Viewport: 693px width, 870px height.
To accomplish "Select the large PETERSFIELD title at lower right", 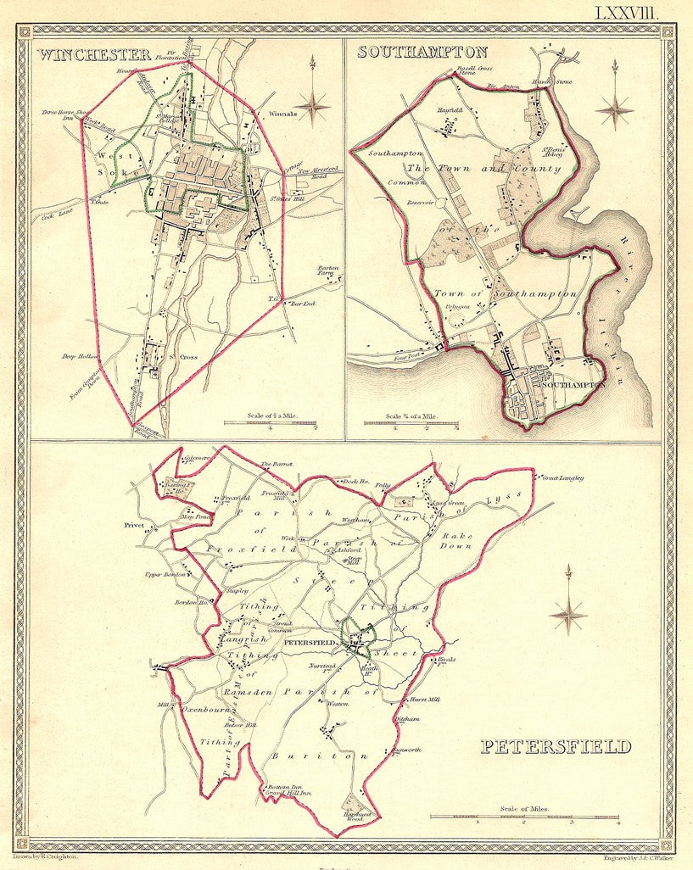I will click(x=556, y=746).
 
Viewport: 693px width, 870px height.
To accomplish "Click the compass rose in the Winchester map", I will click(x=313, y=103).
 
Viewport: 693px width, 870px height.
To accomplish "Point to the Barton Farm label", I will click(x=328, y=271).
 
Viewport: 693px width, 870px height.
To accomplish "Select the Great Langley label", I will click(x=562, y=478).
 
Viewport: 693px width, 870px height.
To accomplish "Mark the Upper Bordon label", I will click(x=165, y=574).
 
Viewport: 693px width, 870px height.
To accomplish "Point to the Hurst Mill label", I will click(x=425, y=700).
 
